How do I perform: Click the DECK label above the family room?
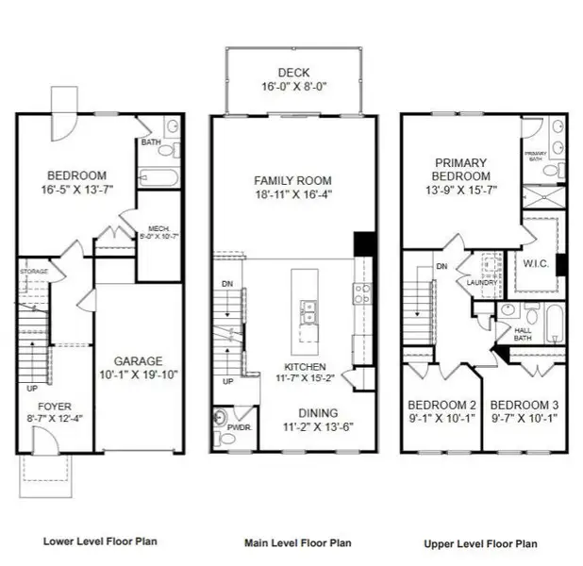(x=294, y=72)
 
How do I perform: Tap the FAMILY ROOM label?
(x=293, y=180)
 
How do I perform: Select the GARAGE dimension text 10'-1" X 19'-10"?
(x=140, y=375)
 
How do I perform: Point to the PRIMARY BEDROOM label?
(x=461, y=170)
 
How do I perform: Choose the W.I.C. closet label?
(x=536, y=263)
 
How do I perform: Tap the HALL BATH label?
(x=522, y=333)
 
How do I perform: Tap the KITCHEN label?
(x=306, y=366)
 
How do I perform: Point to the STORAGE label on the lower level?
(x=33, y=272)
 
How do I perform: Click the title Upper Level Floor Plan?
(x=483, y=543)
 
